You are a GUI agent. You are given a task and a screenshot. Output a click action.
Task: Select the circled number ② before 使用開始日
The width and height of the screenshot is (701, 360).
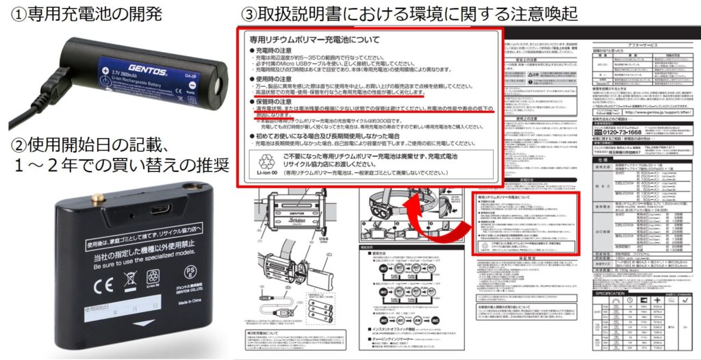[x=13, y=147]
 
